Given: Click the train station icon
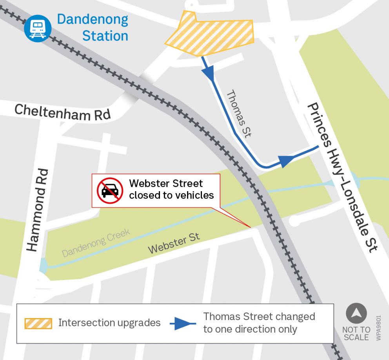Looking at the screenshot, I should [x=38, y=27].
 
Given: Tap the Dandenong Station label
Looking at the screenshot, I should [x=93, y=28].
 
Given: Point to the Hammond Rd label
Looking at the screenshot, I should [x=38, y=210].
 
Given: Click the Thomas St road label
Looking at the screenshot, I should [x=238, y=114].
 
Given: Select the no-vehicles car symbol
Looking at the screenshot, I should [x=110, y=190].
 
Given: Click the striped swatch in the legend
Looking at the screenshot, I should [x=38, y=323].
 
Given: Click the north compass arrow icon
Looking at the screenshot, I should [x=356, y=314].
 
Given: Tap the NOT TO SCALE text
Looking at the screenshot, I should [x=356, y=333].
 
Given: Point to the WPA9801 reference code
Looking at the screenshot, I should [x=378, y=327].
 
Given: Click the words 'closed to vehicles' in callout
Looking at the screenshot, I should [x=171, y=195].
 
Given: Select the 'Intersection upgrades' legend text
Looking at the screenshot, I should [x=109, y=323].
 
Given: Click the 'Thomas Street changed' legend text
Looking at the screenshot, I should [x=259, y=317].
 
